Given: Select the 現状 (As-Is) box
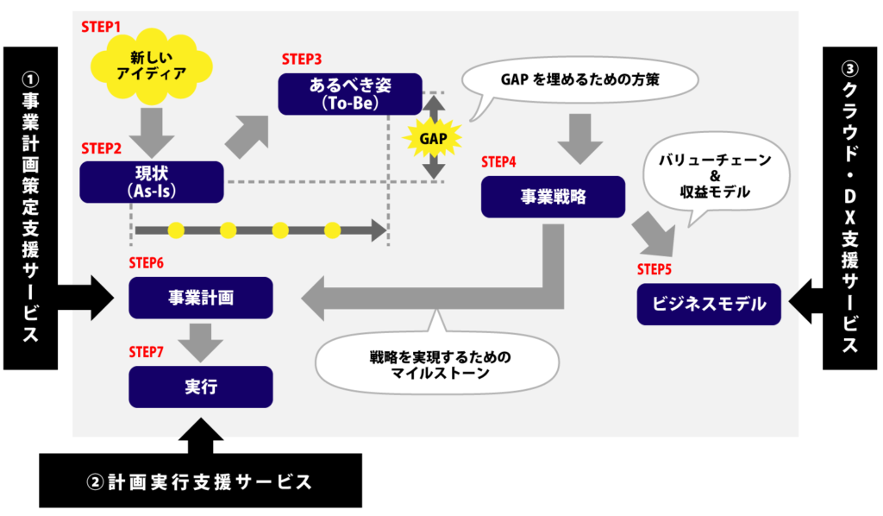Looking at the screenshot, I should click(x=152, y=182).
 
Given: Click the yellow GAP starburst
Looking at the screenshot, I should click(x=433, y=137).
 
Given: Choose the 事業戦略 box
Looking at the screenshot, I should click(x=553, y=197).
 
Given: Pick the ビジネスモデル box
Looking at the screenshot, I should click(x=709, y=304).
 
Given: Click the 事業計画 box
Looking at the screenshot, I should click(x=201, y=298).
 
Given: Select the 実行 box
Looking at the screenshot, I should click(x=201, y=387).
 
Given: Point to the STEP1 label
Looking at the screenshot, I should click(x=102, y=27).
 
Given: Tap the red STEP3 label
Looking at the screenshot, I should click(x=302, y=60).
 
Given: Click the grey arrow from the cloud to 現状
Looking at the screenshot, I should click(x=152, y=129).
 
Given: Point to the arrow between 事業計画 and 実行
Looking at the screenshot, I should click(x=201, y=341).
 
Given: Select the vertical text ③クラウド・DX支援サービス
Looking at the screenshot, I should click(x=850, y=207).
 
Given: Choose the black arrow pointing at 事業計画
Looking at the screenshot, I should click(x=91, y=298).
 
